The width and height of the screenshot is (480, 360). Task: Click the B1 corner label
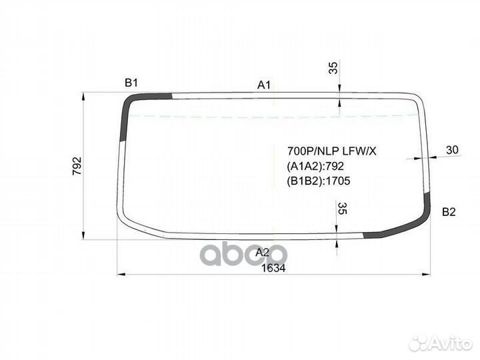131,83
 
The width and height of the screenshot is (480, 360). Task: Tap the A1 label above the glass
264,85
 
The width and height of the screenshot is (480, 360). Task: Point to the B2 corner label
449,212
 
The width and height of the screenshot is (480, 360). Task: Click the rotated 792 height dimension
76,166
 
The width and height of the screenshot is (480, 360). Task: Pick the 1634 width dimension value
272,268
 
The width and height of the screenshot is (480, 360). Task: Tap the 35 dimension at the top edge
333,68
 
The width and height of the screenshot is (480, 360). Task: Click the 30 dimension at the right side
452,151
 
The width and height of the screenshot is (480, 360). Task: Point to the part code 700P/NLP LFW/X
331,151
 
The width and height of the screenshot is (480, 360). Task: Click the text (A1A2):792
315,166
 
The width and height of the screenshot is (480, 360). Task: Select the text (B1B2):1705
319,181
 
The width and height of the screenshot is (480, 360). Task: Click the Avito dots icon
418,343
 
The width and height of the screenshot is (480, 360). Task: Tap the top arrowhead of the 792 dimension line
83,97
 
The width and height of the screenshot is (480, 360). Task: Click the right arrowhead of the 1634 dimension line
427,273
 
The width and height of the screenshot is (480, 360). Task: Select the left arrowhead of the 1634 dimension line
121,273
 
